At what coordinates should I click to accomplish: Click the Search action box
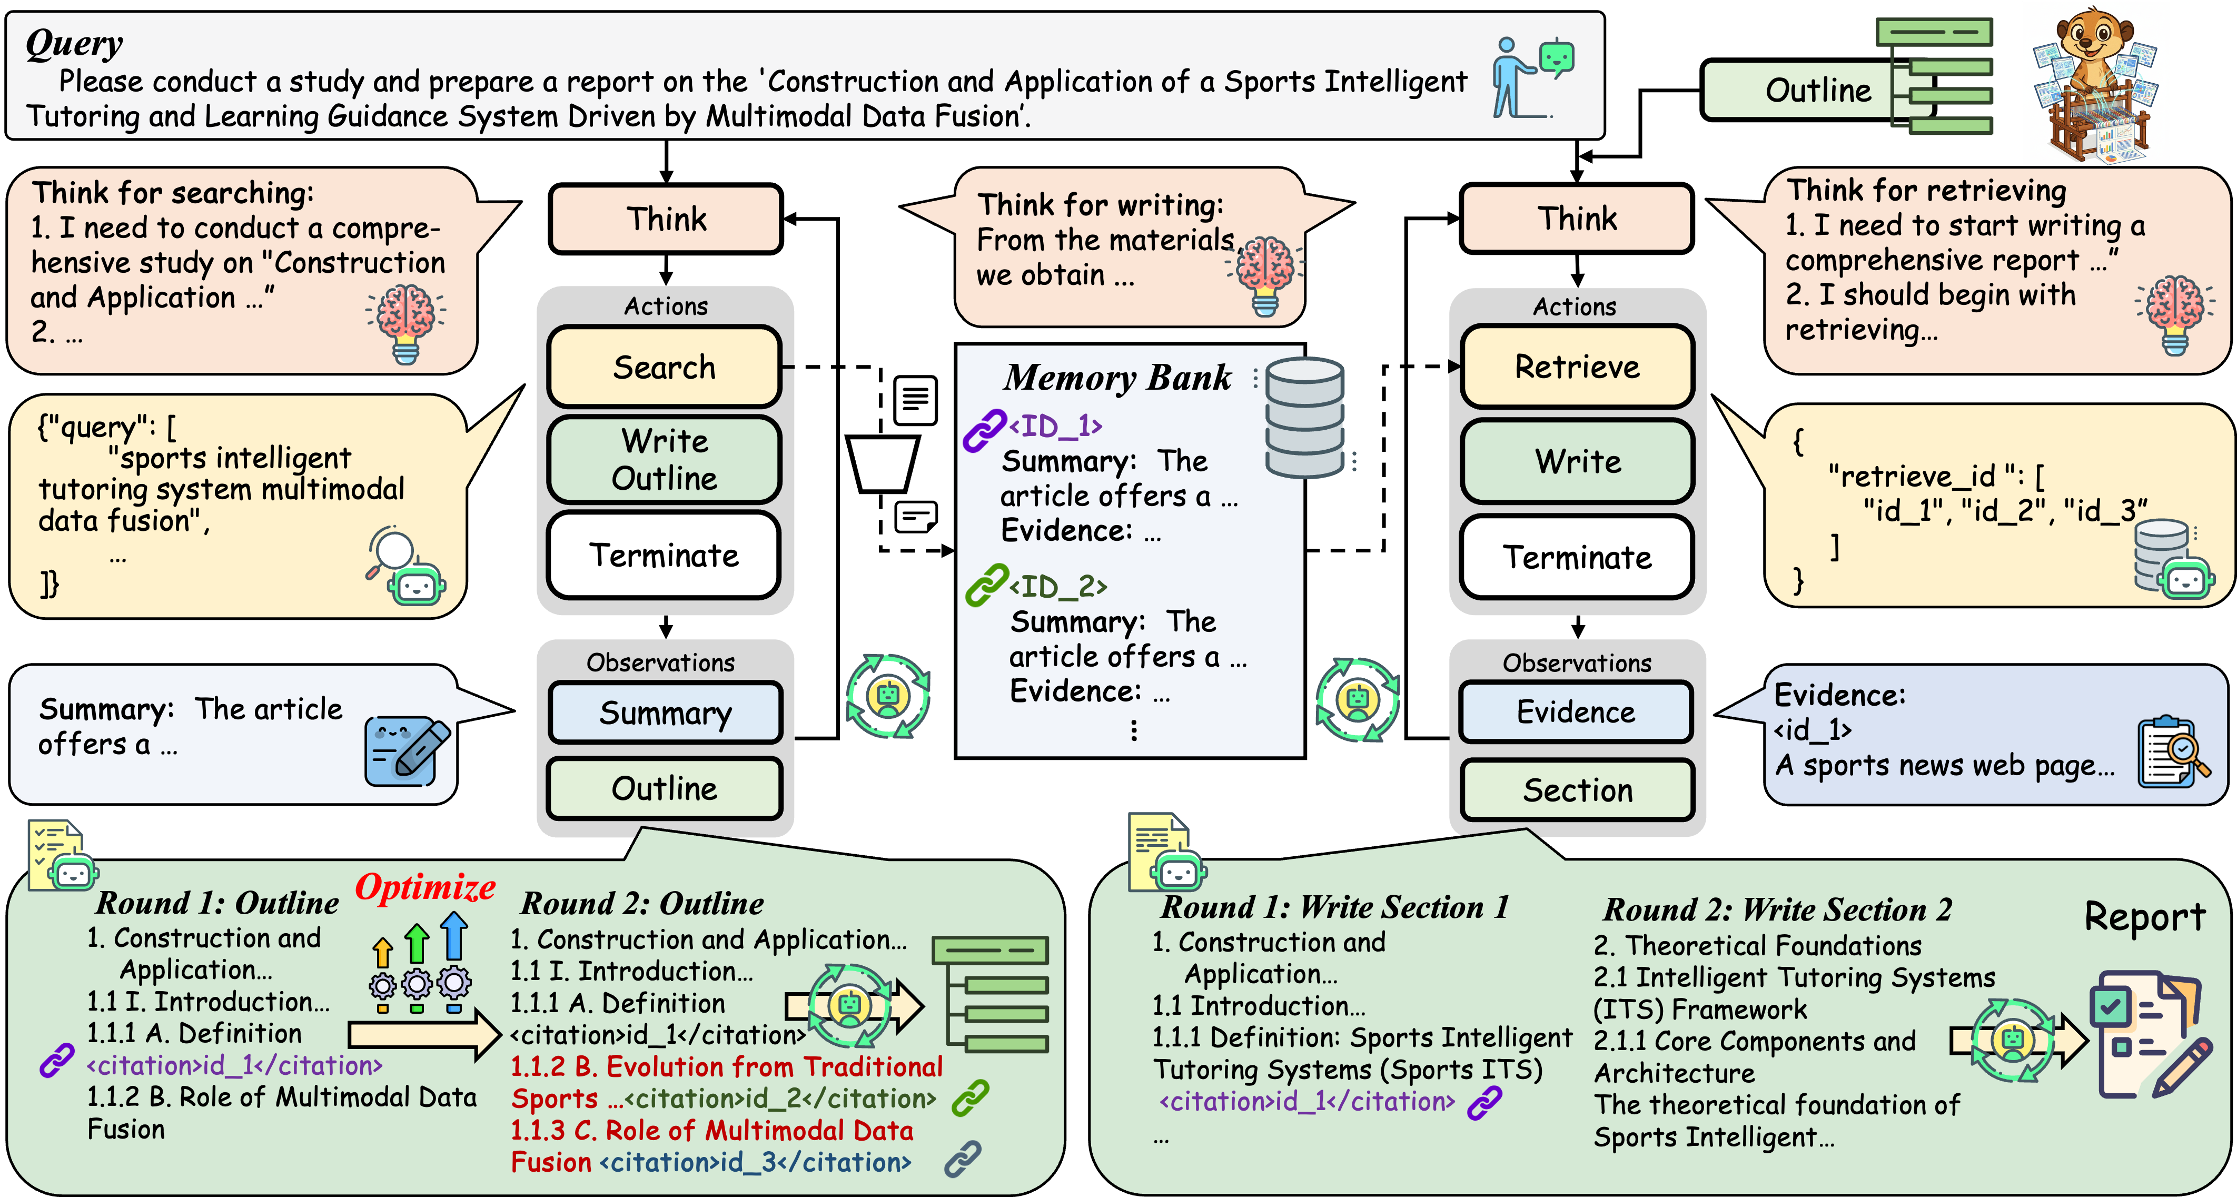[x=665, y=368]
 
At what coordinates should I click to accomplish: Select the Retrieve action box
[x=1577, y=368]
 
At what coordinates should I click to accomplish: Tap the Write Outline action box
[x=665, y=460]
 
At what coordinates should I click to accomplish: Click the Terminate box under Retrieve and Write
[x=1577, y=557]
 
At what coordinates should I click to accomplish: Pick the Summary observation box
[x=665, y=713]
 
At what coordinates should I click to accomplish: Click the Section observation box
[x=1577, y=790]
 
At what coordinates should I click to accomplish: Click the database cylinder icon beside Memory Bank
[x=1304, y=417]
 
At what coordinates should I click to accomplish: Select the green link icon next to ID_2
[x=986, y=586]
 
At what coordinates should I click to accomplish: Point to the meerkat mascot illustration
[x=2095, y=83]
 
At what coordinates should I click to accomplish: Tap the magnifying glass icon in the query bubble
[x=391, y=551]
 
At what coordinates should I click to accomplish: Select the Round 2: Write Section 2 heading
[x=1777, y=909]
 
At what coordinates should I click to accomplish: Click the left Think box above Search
[x=666, y=219]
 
